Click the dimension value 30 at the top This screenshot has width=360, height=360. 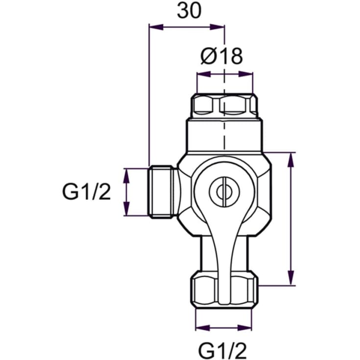pyautogui.click(x=189, y=11)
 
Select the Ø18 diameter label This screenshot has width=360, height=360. pyautogui.click(x=221, y=56)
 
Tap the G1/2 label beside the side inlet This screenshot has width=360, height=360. pyautogui.click(x=86, y=192)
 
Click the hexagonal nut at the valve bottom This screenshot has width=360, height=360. pyautogui.click(x=224, y=290)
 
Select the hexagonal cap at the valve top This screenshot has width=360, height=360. pyautogui.click(x=224, y=104)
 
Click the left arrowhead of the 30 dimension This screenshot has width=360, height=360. pyautogui.click(x=156, y=27)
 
